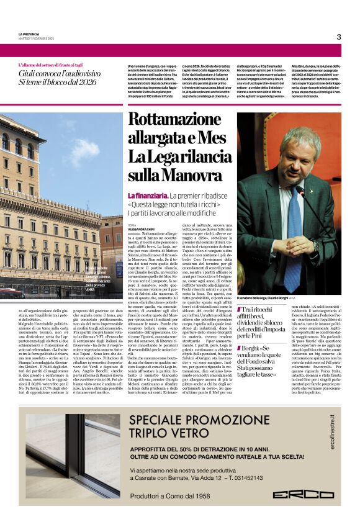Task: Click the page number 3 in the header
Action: click(x=338, y=37)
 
